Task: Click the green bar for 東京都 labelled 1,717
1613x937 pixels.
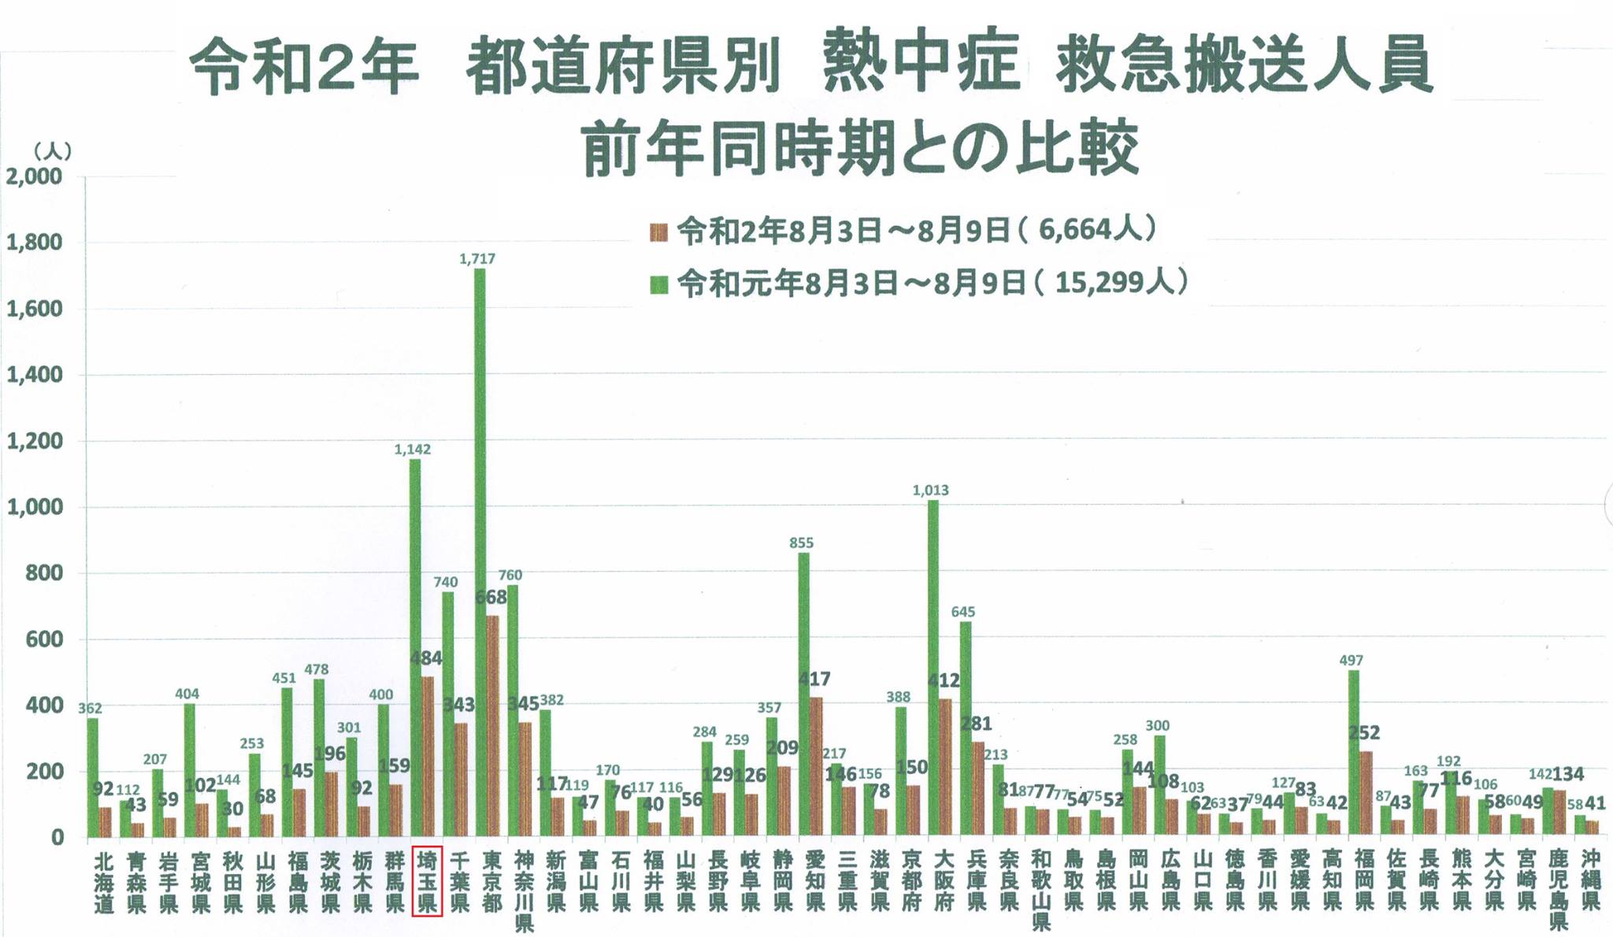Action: (480, 551)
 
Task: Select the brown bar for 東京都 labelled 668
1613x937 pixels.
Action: (492, 724)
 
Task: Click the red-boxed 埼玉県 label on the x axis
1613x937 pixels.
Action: (427, 880)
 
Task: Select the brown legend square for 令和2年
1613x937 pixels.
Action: (659, 232)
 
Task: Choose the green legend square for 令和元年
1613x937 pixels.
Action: (659, 284)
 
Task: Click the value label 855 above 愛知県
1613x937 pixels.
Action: (801, 543)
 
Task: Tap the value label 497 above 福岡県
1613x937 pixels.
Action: (1351, 661)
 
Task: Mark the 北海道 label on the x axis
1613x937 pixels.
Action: (104, 880)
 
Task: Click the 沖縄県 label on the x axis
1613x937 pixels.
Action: (1590, 880)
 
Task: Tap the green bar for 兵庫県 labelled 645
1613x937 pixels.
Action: (965, 728)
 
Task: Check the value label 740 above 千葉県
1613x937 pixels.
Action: (446, 583)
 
